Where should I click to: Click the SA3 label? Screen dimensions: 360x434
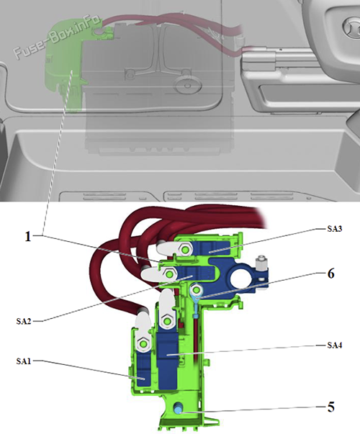[335, 229]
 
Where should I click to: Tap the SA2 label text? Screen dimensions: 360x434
[24, 321]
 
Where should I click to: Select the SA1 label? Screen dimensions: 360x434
[24, 361]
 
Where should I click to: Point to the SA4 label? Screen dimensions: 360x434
[335, 345]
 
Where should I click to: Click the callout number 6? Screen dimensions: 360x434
[330, 273]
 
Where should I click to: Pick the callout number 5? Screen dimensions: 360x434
[330, 407]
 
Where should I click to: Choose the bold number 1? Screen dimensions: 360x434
[28, 237]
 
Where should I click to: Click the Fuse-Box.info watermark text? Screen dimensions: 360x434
[57, 36]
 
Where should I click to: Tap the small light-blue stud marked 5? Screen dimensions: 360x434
[178, 409]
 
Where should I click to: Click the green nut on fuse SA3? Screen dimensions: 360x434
[184, 250]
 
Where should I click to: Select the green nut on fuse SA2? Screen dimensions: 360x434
[168, 273]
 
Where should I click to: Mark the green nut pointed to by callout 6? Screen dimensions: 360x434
[197, 290]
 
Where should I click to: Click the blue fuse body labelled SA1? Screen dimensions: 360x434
[143, 369]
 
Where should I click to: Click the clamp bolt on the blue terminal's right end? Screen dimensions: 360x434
[262, 263]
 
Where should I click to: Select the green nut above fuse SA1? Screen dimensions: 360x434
[143, 344]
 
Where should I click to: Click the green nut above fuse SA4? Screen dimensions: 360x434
[167, 321]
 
